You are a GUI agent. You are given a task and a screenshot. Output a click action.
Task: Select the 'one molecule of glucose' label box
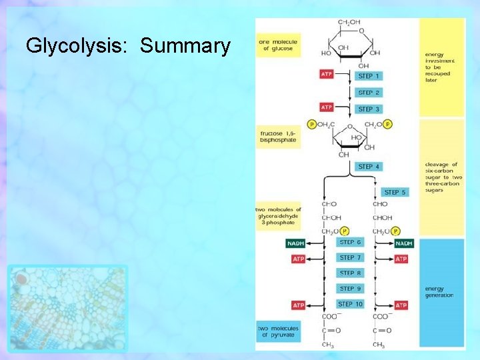[x=278, y=44]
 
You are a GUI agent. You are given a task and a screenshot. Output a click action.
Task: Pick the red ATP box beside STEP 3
[x=327, y=107]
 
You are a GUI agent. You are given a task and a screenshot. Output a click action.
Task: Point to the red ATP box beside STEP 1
[x=327, y=75]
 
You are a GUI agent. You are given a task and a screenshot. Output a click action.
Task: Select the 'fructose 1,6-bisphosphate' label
[x=278, y=137]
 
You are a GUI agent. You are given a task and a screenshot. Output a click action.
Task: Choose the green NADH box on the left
[x=295, y=243]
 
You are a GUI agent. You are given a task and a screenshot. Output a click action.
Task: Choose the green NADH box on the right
[x=403, y=243]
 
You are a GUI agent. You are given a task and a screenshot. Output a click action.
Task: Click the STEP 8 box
[x=351, y=273]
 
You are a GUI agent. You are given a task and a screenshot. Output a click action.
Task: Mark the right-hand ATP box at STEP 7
[x=401, y=259]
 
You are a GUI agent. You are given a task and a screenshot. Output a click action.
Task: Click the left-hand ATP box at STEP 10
[x=298, y=305]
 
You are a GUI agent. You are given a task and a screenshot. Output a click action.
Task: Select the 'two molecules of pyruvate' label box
[x=278, y=331]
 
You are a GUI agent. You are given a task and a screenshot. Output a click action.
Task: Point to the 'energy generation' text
[x=439, y=292]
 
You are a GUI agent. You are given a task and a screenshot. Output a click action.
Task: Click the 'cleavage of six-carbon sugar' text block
[x=441, y=177]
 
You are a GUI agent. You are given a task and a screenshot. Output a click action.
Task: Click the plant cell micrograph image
[x=67, y=307]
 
